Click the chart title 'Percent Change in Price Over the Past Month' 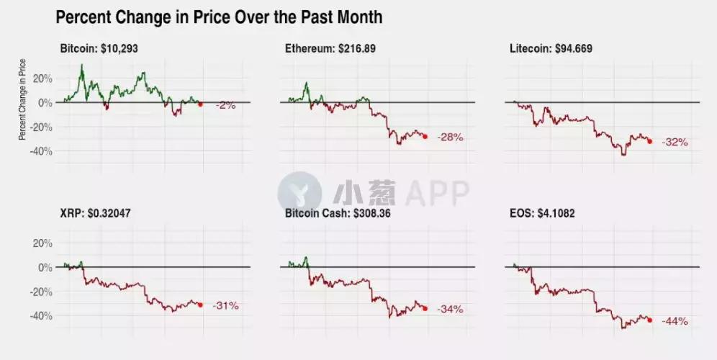(x=219, y=17)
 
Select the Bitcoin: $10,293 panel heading (x=104, y=49)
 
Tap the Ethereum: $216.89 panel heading (x=330, y=49)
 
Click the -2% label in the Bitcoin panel (x=226, y=105)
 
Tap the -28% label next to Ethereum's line (x=451, y=137)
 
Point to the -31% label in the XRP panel (x=225, y=306)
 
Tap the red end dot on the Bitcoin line (x=200, y=104)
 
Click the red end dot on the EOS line (x=650, y=320)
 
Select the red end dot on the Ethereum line (x=425, y=136)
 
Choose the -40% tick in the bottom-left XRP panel (x=41, y=315)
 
